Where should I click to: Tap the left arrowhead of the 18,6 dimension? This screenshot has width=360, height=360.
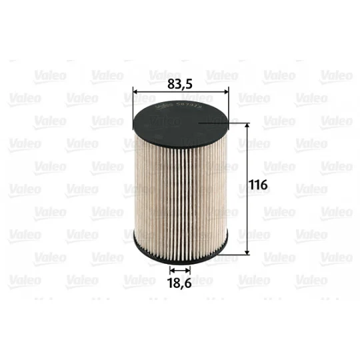point(173,270)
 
